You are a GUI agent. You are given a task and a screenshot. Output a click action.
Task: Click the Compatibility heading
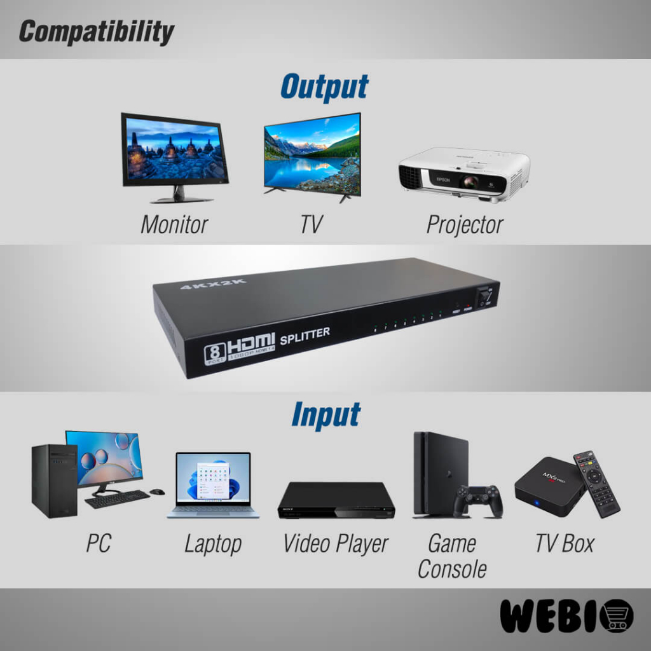pos(96,32)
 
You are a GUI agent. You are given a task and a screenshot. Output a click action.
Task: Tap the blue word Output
pos(324,87)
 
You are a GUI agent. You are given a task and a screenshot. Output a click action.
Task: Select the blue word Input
pos(325,415)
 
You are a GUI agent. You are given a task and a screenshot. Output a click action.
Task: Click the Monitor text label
pos(174,224)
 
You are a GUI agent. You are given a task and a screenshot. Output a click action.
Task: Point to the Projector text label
pos(465,224)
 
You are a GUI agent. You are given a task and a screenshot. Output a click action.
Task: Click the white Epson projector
pos(464,175)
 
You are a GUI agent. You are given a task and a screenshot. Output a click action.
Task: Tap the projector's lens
pos(470,182)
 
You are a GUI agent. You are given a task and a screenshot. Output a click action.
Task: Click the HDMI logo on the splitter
pos(251,344)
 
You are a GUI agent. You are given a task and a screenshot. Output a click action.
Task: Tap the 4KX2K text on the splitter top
pos(213,284)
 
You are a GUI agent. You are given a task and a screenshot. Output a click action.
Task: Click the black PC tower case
pos(54,481)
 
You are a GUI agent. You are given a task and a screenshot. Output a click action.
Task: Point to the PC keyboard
pos(116,499)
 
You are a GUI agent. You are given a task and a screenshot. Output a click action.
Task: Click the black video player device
pos(336,500)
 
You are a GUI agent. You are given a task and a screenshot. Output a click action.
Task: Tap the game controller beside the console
pos(478,501)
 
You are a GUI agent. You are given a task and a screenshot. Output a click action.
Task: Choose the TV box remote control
pos(596,483)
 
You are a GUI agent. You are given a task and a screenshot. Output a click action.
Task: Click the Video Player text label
pos(335,544)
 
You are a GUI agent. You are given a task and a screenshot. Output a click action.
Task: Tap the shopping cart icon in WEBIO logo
pos(615,616)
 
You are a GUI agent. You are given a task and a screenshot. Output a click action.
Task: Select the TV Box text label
pos(564,544)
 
